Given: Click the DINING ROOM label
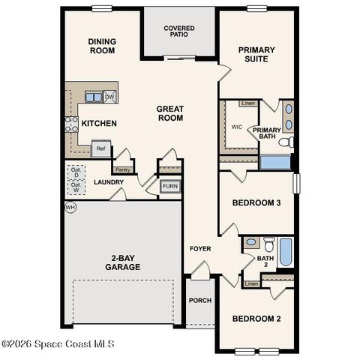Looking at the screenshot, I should [101, 46].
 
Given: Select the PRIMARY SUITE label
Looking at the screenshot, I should [256, 55].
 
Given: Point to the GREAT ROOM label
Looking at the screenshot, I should [170, 114].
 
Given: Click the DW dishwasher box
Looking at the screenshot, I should [109, 97].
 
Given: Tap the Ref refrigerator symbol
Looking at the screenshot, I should [100, 148].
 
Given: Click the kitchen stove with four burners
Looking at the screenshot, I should [73, 124].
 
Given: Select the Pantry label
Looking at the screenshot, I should [122, 169].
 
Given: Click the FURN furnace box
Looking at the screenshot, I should [170, 186].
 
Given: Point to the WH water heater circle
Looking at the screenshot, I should [71, 207].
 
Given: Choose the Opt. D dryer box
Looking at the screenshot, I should [76, 172].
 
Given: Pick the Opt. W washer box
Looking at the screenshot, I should [76, 187].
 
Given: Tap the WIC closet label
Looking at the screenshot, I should [237, 127].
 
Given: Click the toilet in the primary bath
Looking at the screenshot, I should [286, 142].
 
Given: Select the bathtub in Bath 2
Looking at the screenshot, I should [286, 252].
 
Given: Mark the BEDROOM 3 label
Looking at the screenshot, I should [256, 202].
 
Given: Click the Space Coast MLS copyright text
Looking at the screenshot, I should [58, 344].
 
